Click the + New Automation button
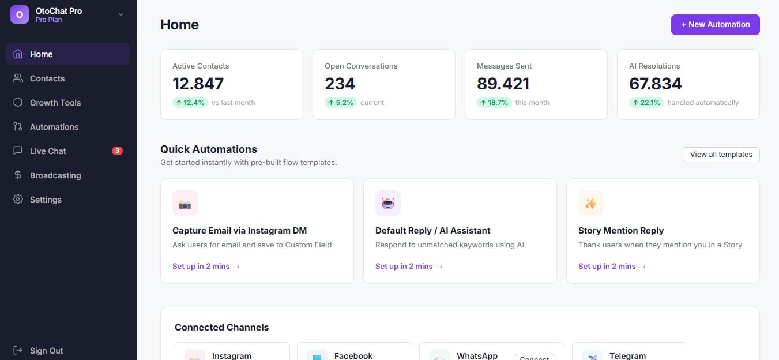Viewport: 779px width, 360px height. (715, 24)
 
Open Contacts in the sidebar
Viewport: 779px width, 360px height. (47, 78)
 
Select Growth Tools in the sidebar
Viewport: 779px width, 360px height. (55, 103)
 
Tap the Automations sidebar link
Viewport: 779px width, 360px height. (54, 127)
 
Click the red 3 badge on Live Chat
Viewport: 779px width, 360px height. (117, 151)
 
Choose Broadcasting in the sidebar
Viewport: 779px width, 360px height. (55, 175)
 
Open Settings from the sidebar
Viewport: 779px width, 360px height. (45, 200)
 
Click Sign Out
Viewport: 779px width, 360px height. (46, 351)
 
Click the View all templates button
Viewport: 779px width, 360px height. (721, 155)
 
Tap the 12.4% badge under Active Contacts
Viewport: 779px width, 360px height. (190, 102)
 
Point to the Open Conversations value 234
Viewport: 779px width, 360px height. (340, 84)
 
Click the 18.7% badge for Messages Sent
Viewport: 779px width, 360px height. (494, 102)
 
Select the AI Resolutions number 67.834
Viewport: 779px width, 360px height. (655, 84)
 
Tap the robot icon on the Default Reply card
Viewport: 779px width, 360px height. (387, 203)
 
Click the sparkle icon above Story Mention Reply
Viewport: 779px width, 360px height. (591, 203)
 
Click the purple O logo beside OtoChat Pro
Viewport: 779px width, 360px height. (20, 14)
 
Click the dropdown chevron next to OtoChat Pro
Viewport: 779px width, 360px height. (121, 14)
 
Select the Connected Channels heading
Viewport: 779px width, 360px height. (221, 327)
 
